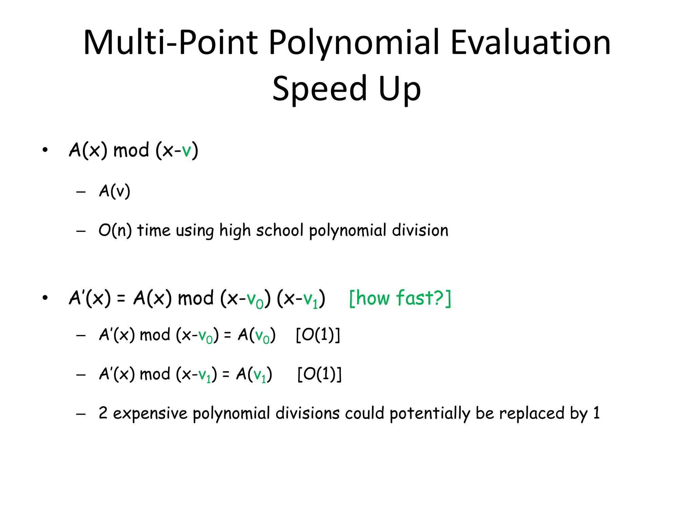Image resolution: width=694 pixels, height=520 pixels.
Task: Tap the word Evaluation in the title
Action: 530,43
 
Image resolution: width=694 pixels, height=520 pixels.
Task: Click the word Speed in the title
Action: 320,89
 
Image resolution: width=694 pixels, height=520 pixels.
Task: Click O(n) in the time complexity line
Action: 115,230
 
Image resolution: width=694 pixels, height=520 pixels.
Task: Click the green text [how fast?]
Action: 400,298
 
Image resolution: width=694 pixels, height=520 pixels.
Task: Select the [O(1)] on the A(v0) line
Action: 318,335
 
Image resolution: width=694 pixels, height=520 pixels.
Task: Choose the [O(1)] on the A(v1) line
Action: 319,374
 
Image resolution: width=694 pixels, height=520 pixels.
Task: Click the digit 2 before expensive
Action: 103,413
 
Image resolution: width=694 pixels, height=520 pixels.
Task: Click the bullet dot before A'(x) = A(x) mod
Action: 45,298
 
